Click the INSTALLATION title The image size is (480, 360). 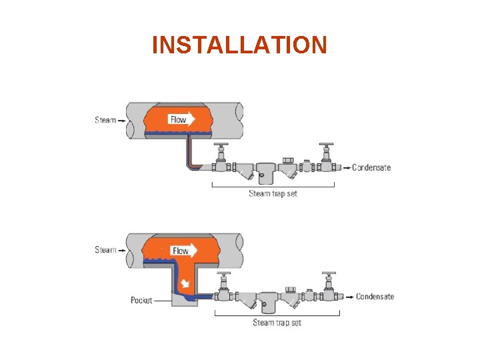coord(239,45)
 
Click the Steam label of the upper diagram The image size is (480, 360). coord(105,120)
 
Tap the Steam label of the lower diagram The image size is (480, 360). coord(105,250)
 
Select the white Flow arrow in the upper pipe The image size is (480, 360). coord(182,119)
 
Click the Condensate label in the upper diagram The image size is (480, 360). coord(371,167)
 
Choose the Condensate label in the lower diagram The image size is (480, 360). coord(375,297)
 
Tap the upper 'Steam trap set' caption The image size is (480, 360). coord(273,194)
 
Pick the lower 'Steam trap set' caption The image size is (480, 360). coord(277,323)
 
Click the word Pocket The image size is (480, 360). coord(141,300)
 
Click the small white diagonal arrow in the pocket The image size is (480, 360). coord(187,283)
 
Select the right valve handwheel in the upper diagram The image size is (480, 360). coord(326,145)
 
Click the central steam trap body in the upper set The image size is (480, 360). coord(268,172)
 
